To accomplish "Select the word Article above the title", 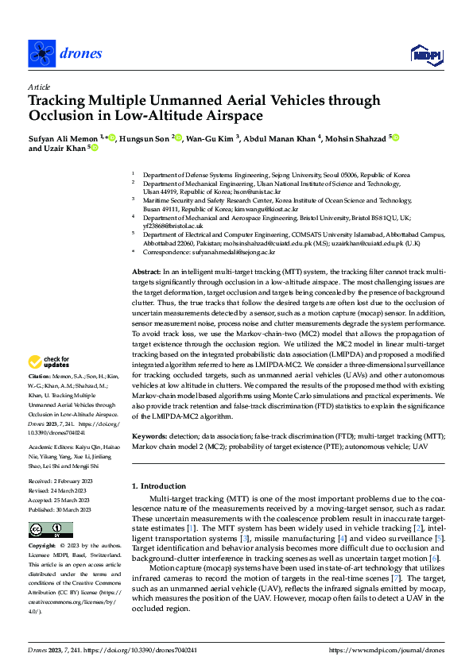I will (39, 87).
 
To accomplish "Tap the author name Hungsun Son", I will (148, 138).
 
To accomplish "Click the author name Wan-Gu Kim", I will (209, 138).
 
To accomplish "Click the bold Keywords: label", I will (149, 436).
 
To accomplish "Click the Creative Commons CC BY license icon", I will (50, 530).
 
